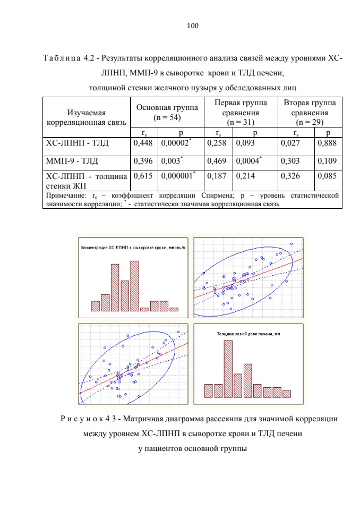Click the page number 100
pyautogui.click(x=193, y=26)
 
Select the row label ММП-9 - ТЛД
pyautogui.click(x=72, y=161)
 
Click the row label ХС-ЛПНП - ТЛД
pyautogui.click(x=77, y=143)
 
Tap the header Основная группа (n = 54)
pyautogui.click(x=167, y=112)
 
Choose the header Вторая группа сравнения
pyautogui.click(x=310, y=108)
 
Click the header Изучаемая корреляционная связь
pyautogui.click(x=87, y=117)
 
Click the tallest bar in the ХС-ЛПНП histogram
pyautogui.click(x=135, y=286)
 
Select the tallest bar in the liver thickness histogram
pyautogui.click(x=228, y=369)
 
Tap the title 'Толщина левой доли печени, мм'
pyautogui.click(x=248, y=334)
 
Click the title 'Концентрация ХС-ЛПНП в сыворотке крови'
pyautogui.click(x=133, y=248)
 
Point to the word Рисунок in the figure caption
pyautogui.click(x=82, y=419)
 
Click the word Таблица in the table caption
pyautogui.click(x=62, y=58)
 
